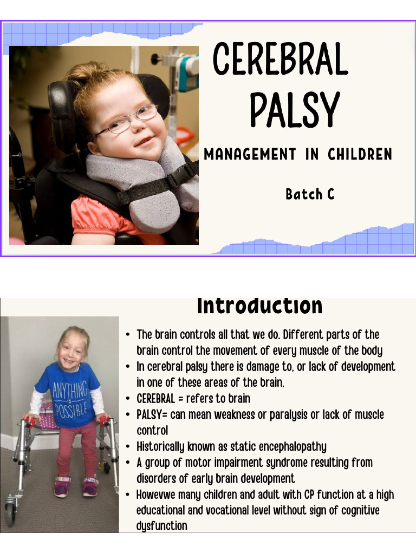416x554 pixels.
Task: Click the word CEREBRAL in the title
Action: point(281,58)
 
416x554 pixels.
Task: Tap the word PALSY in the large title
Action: point(295,109)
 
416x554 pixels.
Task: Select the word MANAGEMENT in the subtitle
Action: point(250,154)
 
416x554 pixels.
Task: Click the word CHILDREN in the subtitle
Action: point(360,154)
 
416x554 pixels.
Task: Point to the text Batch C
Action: point(310,194)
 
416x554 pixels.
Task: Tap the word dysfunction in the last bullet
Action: point(161,526)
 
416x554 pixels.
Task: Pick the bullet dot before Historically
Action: point(128,447)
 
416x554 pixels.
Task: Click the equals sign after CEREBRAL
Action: point(180,399)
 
